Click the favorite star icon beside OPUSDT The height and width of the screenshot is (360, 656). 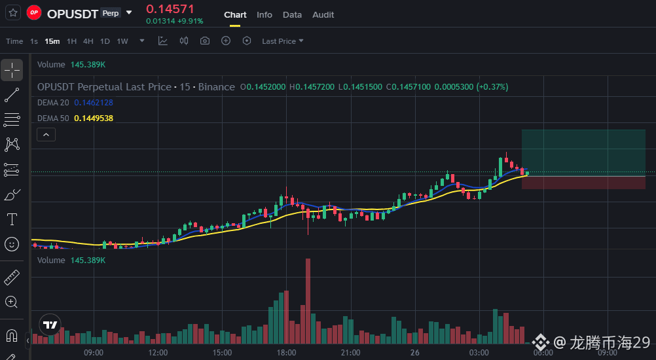click(13, 12)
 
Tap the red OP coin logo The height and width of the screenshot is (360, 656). click(34, 12)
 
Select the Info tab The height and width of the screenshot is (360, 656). click(264, 14)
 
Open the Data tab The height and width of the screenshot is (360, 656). click(292, 14)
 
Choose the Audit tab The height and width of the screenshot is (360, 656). click(323, 14)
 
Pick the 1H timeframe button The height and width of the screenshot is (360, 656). click(71, 41)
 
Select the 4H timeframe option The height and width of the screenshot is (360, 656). click(88, 41)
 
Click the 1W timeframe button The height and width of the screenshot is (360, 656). click(122, 41)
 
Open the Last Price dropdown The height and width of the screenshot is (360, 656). click(282, 41)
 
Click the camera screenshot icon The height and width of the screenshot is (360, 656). click(204, 41)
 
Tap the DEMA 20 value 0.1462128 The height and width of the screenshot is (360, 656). click(94, 103)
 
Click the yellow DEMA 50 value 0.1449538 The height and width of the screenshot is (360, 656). click(94, 118)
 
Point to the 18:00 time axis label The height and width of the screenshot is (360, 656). click(286, 353)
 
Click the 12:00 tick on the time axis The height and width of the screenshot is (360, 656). click(158, 353)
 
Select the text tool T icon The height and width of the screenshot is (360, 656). click(12, 219)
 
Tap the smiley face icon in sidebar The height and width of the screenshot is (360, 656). click(12, 244)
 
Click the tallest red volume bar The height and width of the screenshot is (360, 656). click(308, 301)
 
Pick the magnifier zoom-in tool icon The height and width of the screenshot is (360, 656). click(11, 302)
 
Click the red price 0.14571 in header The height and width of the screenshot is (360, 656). click(170, 9)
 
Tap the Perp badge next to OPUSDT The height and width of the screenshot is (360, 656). click(111, 13)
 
